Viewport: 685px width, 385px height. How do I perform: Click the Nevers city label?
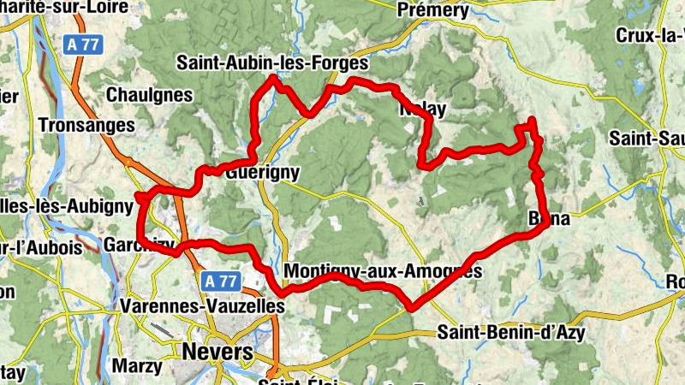tap(217, 352)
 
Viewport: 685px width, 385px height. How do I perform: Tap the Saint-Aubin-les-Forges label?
tap(271, 63)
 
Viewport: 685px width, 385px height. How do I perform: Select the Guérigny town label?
tap(263, 172)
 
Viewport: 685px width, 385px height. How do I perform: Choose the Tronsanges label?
tap(87, 125)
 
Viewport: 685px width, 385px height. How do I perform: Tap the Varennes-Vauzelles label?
tap(202, 305)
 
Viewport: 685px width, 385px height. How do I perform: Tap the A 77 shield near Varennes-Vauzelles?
tap(221, 280)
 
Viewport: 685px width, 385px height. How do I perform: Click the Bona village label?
tap(548, 219)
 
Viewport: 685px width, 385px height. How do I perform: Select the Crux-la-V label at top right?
tap(649, 35)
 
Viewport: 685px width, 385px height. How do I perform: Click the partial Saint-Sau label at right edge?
tap(646, 138)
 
